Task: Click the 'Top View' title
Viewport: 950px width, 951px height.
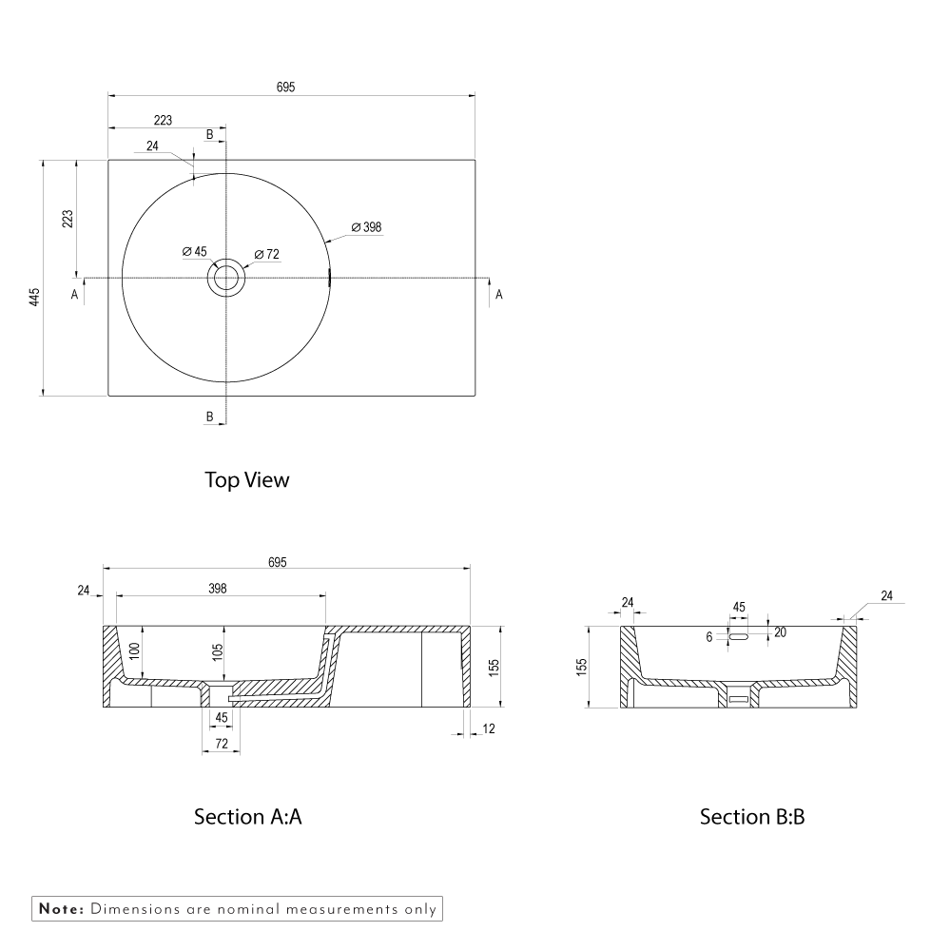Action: tap(246, 480)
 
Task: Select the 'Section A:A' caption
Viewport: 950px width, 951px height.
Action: tap(247, 816)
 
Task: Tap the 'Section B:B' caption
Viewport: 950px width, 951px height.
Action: tap(752, 816)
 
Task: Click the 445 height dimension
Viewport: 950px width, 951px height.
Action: tap(34, 296)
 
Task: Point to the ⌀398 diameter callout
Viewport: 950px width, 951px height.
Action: tap(366, 227)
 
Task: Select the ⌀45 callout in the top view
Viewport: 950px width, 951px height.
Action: tap(195, 251)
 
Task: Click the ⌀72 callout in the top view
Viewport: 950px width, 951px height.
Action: tap(267, 254)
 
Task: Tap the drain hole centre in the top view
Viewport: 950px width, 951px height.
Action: tap(226, 278)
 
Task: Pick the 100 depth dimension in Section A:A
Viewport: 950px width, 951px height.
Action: tap(135, 651)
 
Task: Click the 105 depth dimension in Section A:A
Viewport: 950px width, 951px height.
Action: tap(218, 651)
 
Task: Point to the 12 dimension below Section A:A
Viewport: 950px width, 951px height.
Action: tap(490, 728)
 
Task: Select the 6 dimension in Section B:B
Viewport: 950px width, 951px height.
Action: tap(709, 638)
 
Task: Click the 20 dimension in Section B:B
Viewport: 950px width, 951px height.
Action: tap(780, 632)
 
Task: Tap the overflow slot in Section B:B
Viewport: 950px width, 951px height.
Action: tap(739, 635)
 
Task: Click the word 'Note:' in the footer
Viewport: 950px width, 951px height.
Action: tap(61, 909)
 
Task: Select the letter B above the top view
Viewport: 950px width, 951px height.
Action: tap(210, 134)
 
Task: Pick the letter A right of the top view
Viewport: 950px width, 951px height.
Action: tap(499, 295)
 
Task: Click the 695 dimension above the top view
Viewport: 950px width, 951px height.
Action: tap(286, 87)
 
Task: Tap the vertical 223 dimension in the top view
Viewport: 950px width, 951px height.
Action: tap(68, 219)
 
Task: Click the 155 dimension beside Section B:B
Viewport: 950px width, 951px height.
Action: tap(582, 666)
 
